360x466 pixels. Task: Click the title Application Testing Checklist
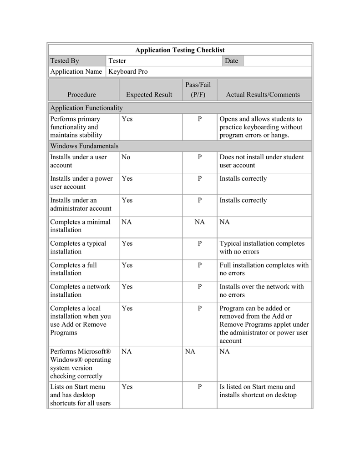(180, 50)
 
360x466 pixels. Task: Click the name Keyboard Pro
(128, 72)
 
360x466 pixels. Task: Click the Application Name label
(76, 72)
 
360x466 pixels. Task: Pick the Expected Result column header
(149, 95)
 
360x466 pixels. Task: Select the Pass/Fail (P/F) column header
(198, 90)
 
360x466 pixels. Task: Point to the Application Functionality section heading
(86, 108)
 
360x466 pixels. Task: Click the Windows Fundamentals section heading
(84, 146)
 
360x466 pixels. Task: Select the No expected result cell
(126, 157)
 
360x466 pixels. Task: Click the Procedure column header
(82, 95)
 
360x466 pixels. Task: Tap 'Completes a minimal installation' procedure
(80, 226)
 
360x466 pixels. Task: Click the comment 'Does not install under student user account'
(261, 161)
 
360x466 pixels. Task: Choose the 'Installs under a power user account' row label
(81, 182)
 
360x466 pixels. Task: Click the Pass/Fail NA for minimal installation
(200, 222)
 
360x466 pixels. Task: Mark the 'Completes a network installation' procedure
(80, 291)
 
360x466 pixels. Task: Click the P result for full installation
(200, 265)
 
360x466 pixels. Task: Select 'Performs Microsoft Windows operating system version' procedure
(81, 364)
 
